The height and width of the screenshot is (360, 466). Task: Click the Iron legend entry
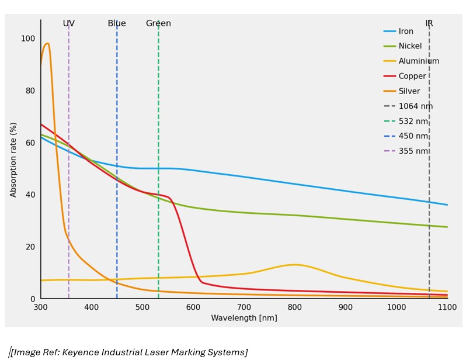(406, 31)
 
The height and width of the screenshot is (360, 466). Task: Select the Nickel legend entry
(409, 46)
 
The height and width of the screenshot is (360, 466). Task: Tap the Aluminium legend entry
(419, 61)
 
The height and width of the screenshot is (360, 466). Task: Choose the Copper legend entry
(412, 76)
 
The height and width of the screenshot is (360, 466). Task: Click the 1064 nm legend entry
(415, 106)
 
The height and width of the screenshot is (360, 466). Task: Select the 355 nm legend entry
(413, 151)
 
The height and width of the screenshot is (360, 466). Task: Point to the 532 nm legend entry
(413, 121)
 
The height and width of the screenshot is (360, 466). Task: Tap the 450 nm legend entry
(413, 136)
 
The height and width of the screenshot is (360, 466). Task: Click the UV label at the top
(69, 23)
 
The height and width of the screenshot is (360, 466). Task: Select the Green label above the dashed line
(158, 23)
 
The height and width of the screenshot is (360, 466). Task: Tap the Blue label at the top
(117, 23)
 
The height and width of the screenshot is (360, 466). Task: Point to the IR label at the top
(429, 23)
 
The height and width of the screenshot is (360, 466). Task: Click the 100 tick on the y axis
(28, 39)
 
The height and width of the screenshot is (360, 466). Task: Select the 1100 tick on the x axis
(447, 307)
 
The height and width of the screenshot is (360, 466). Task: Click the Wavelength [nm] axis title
(244, 318)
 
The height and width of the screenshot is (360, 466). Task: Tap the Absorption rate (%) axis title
(13, 160)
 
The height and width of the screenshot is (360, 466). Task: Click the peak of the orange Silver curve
(47, 43)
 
